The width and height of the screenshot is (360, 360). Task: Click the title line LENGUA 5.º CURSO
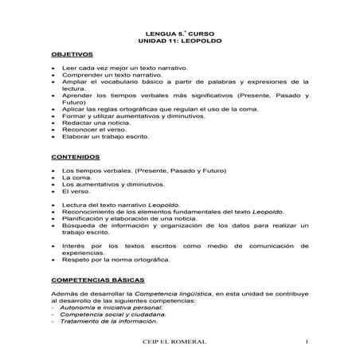tap(179, 29)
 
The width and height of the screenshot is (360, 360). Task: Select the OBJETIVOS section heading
tap(72, 54)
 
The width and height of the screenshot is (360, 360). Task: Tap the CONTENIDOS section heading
tap(75, 157)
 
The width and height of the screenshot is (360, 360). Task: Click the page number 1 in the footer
tap(306, 342)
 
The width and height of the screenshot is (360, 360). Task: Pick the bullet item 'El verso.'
tap(78, 191)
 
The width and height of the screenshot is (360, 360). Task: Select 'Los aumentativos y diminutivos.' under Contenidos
tap(116, 184)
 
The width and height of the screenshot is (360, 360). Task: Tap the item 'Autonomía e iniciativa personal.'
tap(114, 307)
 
